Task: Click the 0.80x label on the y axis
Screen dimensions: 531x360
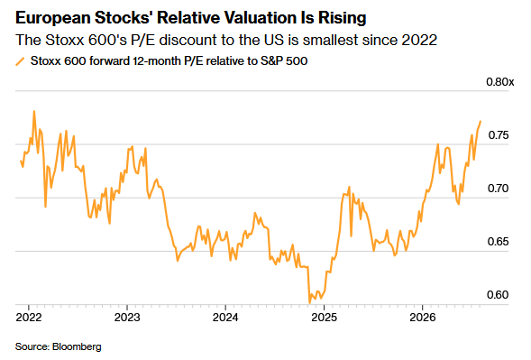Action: pyautogui.click(x=499, y=82)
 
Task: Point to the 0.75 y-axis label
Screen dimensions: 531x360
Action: pyautogui.click(x=499, y=135)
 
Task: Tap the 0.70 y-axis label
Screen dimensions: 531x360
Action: pyautogui.click(x=499, y=189)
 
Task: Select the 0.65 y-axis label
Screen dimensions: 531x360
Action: pyautogui.click(x=499, y=242)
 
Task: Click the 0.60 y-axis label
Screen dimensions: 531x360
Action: pyautogui.click(x=499, y=294)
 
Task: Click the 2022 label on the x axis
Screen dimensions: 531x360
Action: pyautogui.click(x=29, y=317)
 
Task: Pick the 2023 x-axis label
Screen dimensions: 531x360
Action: pyautogui.click(x=127, y=317)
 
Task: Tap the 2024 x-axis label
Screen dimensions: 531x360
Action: pyautogui.click(x=225, y=317)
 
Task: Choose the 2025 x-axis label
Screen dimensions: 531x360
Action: pyautogui.click(x=324, y=317)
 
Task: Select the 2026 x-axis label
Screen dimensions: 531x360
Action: pyautogui.click(x=422, y=317)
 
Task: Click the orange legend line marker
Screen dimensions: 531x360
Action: pyautogui.click(x=20, y=61)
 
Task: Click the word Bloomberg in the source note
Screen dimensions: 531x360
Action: pyautogui.click(x=77, y=346)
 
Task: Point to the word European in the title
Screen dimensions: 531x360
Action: pyautogui.click(x=52, y=18)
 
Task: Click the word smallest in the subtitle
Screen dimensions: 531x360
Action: pyautogui.click(x=331, y=40)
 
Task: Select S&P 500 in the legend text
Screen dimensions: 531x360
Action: pyautogui.click(x=284, y=61)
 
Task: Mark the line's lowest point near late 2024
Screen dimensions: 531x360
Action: pyautogui.click(x=309, y=302)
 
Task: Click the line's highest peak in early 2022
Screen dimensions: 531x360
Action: pyautogui.click(x=34, y=111)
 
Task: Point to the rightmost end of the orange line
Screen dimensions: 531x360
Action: pyautogui.click(x=481, y=122)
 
